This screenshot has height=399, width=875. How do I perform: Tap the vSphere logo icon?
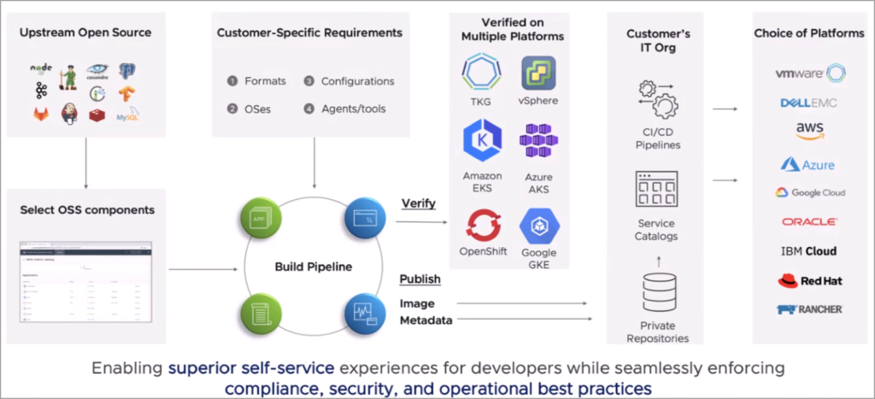538,73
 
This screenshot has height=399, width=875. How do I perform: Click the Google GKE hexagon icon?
538,226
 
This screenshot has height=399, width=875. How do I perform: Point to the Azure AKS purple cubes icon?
538,140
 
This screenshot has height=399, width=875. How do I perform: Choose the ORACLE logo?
809,221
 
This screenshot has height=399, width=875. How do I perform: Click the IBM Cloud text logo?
808,251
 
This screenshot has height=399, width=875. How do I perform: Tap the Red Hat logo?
808,280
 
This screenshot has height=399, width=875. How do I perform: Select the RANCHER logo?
808,308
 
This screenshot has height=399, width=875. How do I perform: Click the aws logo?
808,130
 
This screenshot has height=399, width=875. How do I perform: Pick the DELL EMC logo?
808,103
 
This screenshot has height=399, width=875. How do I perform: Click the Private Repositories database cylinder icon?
657,293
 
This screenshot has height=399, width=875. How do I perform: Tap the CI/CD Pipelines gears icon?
657,99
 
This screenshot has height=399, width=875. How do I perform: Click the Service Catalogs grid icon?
657,190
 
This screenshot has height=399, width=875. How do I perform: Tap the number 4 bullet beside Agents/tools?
308,109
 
